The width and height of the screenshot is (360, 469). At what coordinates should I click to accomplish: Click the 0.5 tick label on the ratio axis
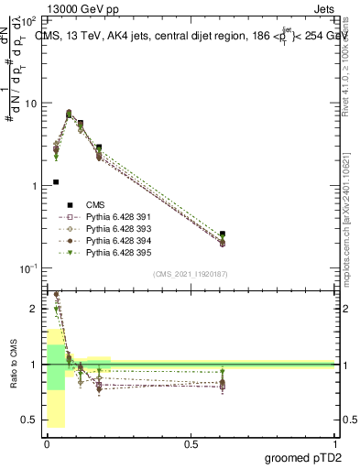coord(30,420)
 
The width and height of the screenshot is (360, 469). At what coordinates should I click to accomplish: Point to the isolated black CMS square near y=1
coord(56,182)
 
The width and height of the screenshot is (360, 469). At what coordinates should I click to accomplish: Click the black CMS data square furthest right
coord(223,234)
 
